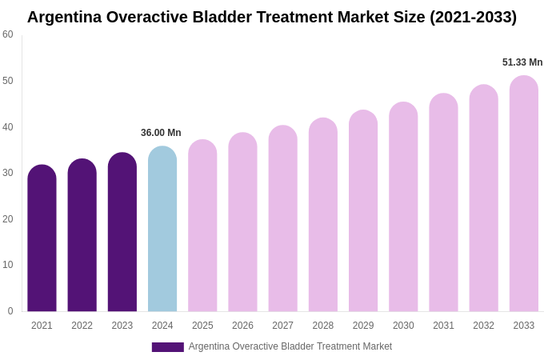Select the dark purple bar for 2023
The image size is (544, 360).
(x=122, y=232)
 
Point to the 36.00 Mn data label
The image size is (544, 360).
(x=161, y=133)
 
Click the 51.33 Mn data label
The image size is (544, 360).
(x=522, y=62)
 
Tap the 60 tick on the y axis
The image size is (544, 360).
(x=8, y=34)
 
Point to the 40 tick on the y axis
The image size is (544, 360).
(x=8, y=126)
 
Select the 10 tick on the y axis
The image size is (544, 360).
(x=8, y=265)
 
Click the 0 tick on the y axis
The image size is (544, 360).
(x=10, y=311)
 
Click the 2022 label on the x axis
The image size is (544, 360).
(x=82, y=326)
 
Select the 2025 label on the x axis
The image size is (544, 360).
(x=202, y=326)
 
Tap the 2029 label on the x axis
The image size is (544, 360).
(x=363, y=326)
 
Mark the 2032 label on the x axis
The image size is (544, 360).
(x=483, y=326)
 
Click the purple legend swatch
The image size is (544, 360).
(x=167, y=347)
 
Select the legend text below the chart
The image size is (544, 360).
(x=290, y=346)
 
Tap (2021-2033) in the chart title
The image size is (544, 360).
(x=473, y=17)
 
